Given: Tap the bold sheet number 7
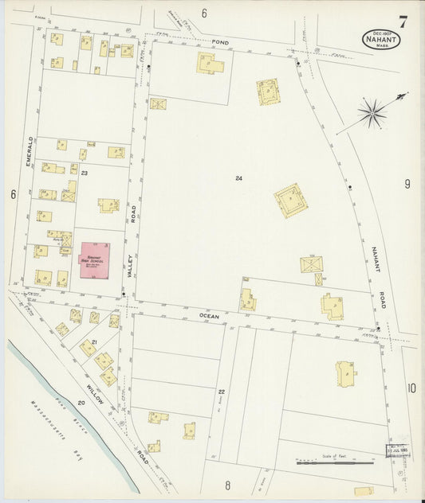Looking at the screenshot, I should click(x=403, y=22).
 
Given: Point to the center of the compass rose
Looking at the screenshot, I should click(x=372, y=114).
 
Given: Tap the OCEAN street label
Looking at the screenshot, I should click(x=209, y=316).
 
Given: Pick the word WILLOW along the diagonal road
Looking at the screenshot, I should click(x=96, y=394).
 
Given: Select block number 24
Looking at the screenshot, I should click(x=238, y=178).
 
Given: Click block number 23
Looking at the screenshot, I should click(x=83, y=173).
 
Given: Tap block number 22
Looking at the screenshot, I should click(x=222, y=392).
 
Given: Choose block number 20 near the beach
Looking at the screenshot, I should click(x=82, y=404).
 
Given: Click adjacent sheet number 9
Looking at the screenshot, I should click(x=407, y=185).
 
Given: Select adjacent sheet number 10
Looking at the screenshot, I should click(x=411, y=388).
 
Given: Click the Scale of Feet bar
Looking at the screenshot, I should click(x=335, y=459).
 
